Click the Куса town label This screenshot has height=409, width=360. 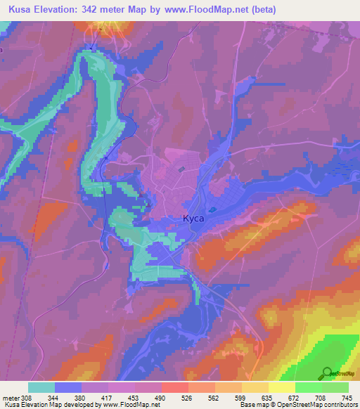(193, 219)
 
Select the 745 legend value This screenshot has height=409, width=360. (346, 397)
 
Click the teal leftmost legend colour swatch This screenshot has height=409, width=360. (41, 387)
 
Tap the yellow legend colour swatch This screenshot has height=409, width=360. (281, 387)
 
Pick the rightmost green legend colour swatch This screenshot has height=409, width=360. (335, 387)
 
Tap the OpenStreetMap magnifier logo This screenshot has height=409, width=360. (327, 373)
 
